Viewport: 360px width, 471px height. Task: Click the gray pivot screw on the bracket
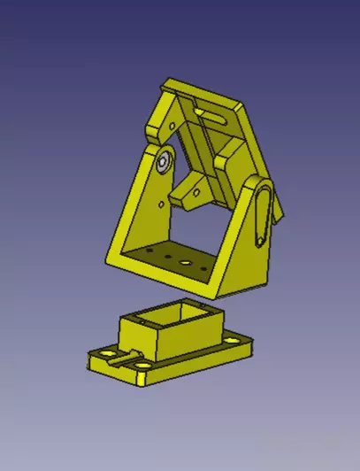164,162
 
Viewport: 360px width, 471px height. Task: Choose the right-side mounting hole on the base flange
237,337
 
